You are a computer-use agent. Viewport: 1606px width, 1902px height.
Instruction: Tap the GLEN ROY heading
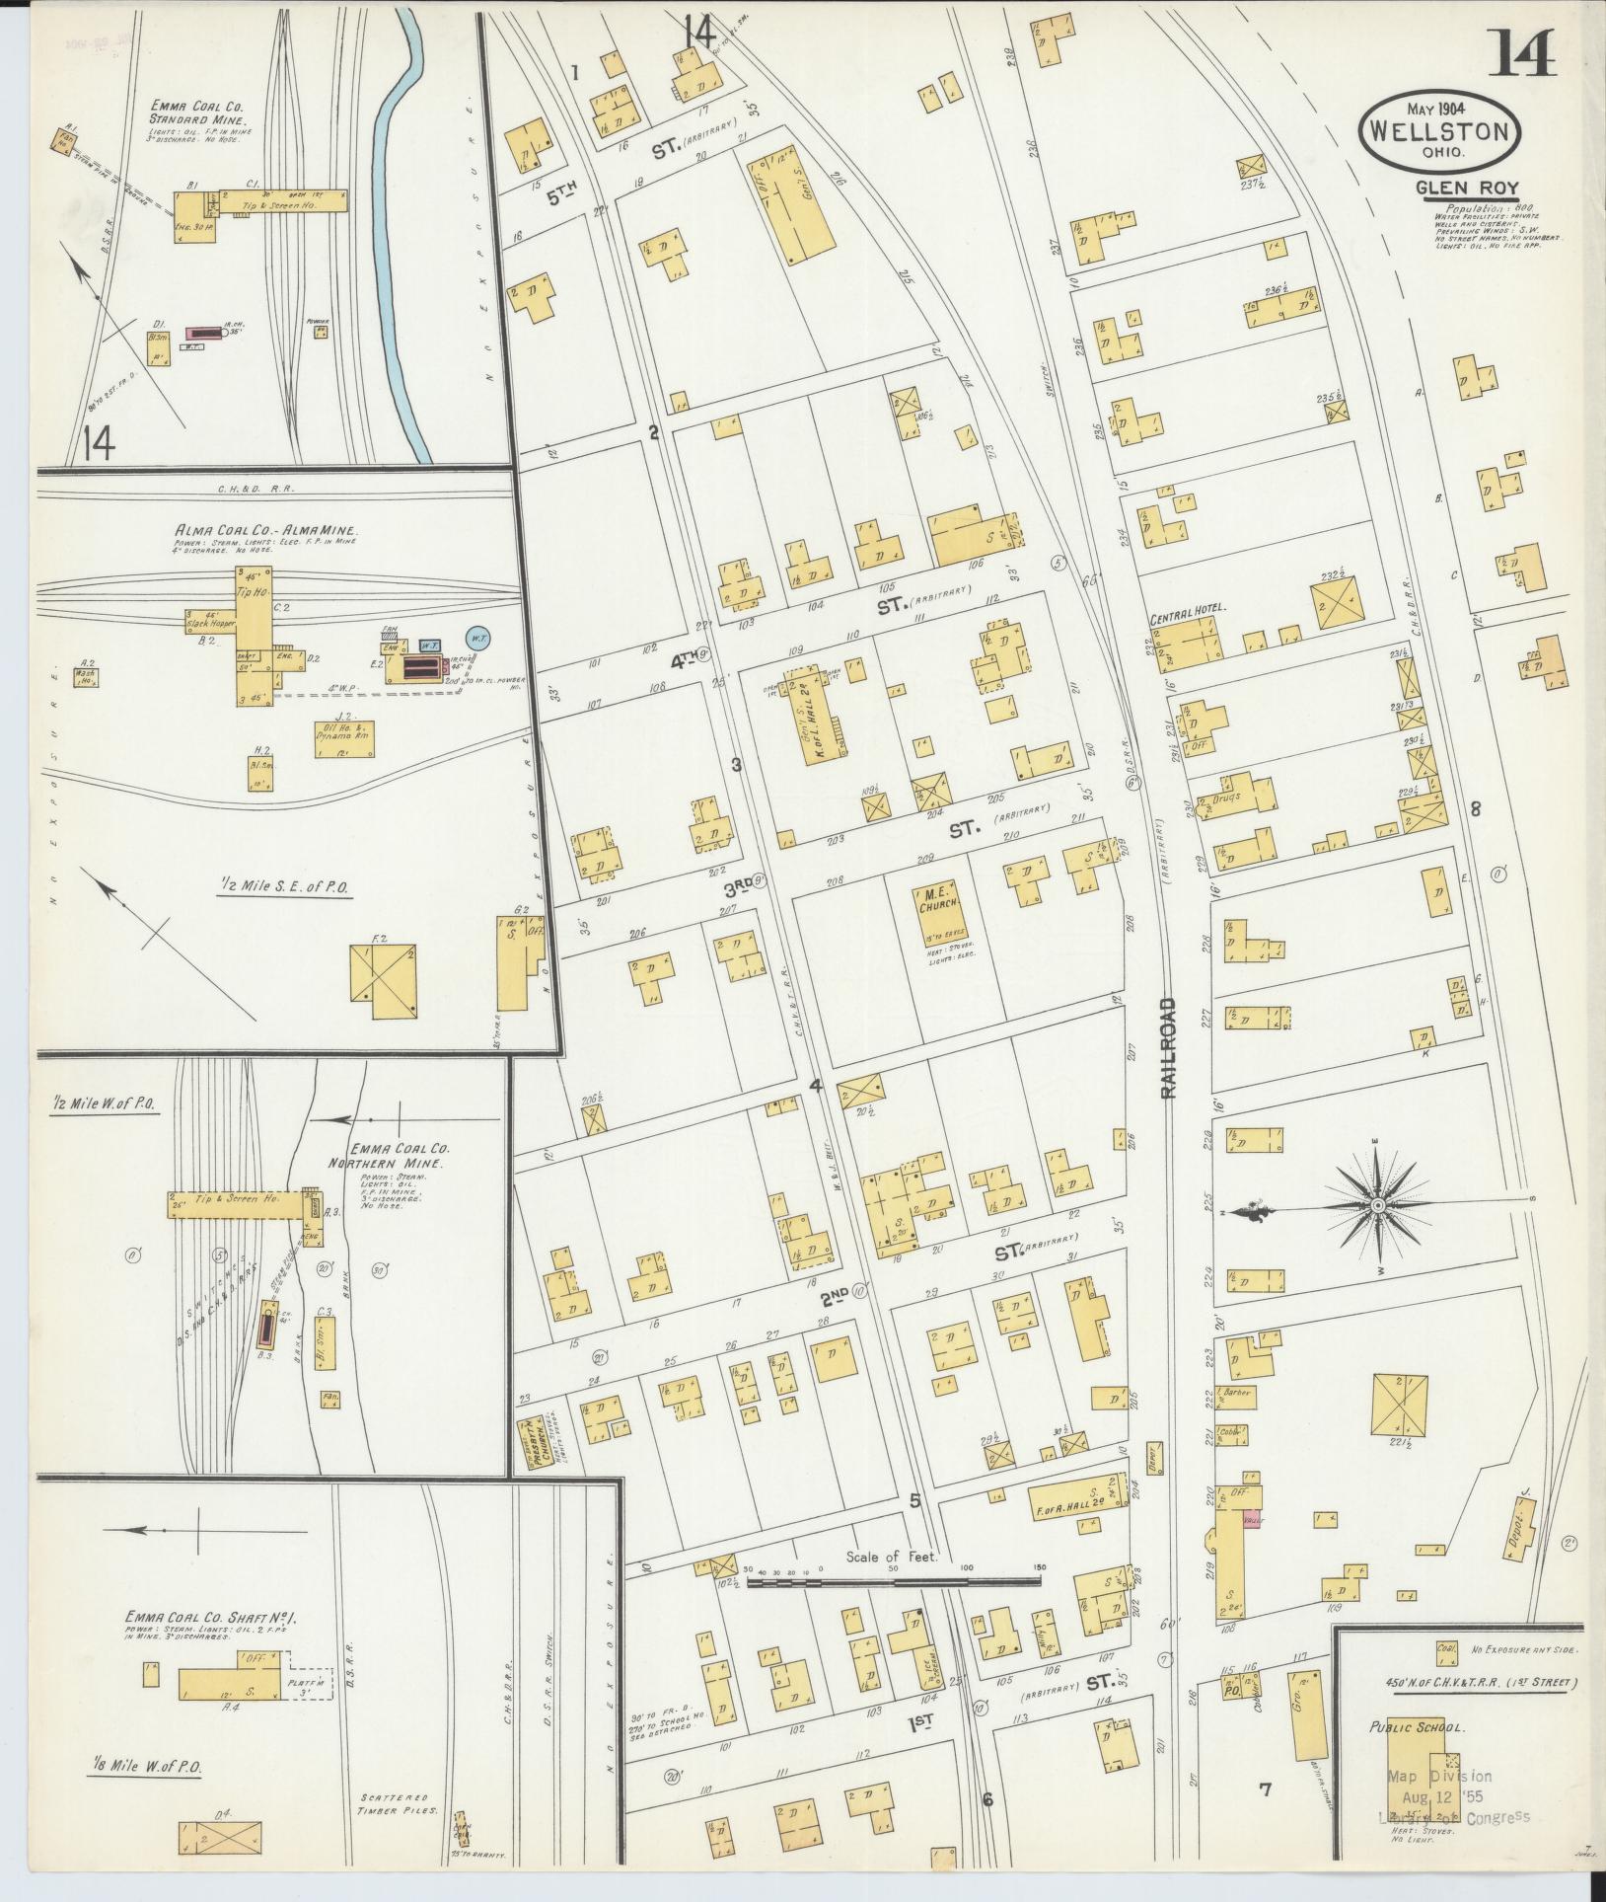coord(1466,188)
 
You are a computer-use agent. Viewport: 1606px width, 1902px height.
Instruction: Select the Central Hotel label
coord(1187,609)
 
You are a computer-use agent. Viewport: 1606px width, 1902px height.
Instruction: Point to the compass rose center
coord(1377,1206)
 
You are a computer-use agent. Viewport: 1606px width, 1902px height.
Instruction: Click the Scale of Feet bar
coord(893,1581)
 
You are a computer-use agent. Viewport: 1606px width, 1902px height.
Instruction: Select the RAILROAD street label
coord(1169,1047)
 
